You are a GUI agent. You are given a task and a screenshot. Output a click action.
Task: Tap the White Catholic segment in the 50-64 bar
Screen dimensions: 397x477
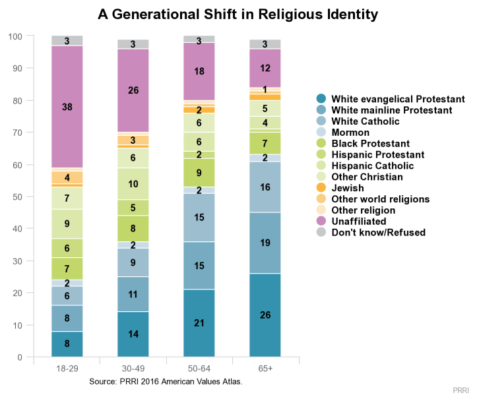(x=199, y=217)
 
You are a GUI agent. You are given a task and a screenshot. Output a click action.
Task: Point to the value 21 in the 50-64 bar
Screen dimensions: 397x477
(x=199, y=323)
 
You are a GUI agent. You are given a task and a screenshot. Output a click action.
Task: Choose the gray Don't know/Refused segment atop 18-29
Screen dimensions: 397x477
(x=67, y=41)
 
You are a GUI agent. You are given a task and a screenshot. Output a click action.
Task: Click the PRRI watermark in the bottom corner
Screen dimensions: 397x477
(x=464, y=390)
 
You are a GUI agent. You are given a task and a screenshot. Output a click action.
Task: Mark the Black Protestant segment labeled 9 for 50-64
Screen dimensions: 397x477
(x=199, y=173)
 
